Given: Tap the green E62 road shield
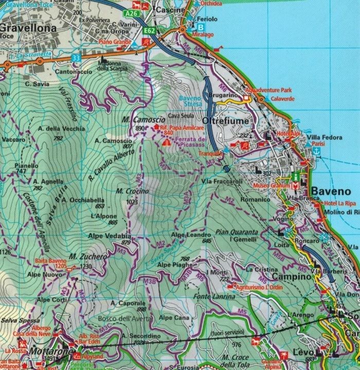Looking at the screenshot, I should (150, 31).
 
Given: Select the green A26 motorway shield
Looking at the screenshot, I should (132, 12).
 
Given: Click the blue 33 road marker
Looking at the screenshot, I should (76, 58).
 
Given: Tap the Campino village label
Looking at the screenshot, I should (291, 277).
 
